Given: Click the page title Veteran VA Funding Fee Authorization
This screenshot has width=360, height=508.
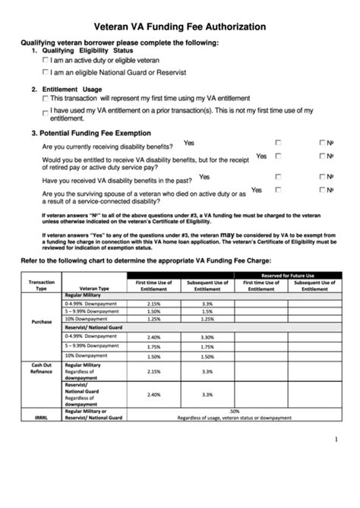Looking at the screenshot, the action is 179,26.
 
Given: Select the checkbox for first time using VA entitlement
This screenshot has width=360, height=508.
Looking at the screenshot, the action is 47,98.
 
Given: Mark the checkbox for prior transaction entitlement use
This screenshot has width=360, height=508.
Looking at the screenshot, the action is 47,112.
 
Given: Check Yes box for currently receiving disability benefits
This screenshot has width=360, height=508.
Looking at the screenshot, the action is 279,142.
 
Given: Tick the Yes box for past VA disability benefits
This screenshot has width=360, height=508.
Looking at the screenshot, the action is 279,176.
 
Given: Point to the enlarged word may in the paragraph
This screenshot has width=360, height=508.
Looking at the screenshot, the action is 228,235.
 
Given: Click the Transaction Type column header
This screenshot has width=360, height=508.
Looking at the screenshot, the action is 42,285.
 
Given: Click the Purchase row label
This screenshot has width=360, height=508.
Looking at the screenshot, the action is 42,321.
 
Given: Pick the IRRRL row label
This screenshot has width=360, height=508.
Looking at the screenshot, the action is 42,418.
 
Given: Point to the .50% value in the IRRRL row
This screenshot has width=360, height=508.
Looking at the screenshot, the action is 234,411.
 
